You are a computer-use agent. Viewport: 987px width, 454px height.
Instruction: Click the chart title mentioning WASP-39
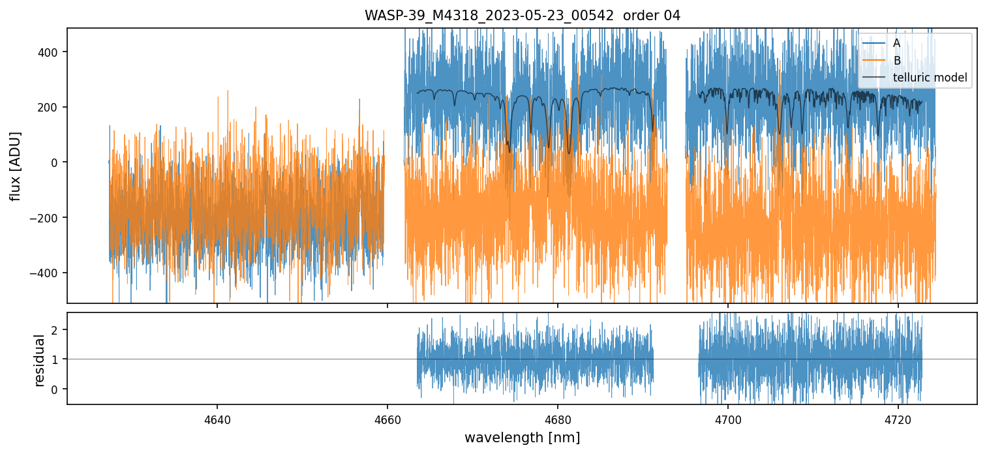(522, 16)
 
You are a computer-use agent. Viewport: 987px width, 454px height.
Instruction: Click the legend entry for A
(896, 43)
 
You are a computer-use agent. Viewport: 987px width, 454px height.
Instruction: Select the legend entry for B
(897, 61)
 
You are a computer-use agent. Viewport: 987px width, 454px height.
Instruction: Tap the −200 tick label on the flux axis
(48, 218)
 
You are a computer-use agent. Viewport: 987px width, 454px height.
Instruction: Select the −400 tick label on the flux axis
(48, 273)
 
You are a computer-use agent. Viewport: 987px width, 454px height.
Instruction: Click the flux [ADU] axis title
(16, 166)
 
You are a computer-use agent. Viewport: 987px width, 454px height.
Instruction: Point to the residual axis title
(39, 360)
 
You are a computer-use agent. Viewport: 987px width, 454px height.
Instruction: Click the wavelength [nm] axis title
(522, 438)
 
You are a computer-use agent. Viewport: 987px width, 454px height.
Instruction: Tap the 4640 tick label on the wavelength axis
(217, 419)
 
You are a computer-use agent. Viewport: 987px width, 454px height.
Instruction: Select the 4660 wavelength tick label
(387, 419)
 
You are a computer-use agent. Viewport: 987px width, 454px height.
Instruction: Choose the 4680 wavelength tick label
(558, 419)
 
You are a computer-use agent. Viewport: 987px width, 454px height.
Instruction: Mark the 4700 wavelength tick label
(728, 419)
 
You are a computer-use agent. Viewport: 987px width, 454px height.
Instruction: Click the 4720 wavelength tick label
(898, 419)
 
